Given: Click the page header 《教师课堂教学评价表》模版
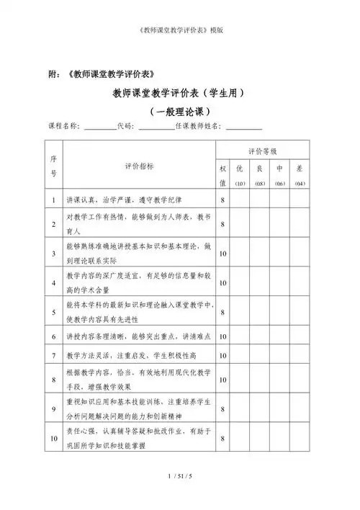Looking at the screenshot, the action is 180,31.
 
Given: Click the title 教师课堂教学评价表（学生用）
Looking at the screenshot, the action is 180,93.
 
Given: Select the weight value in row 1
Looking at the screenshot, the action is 223,200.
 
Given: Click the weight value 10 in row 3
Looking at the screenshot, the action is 223,254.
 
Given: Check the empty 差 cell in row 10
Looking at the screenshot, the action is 300,439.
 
